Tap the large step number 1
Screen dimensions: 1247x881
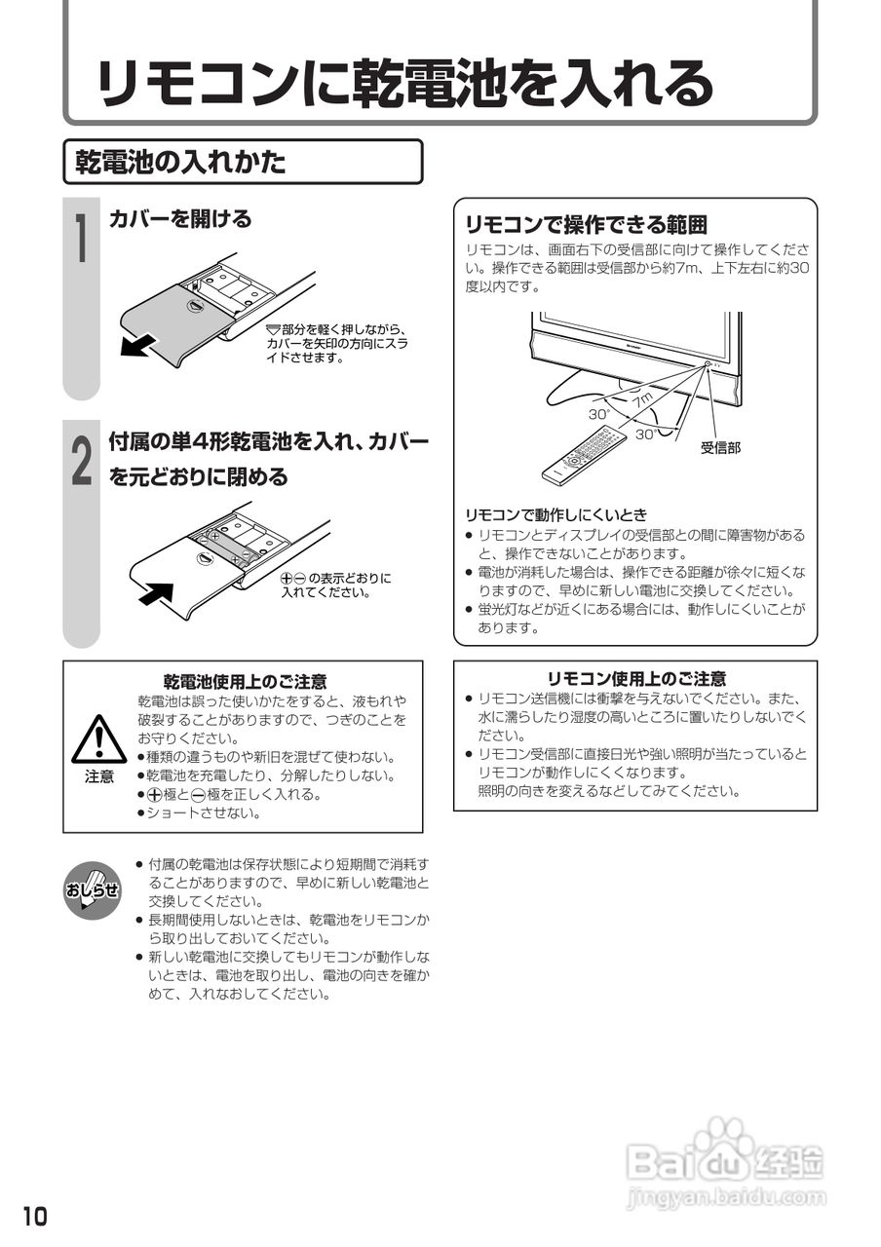coord(85,239)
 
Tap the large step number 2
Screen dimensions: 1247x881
coord(85,461)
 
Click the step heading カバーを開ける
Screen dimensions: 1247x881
coord(180,218)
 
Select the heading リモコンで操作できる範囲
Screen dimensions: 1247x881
coord(585,225)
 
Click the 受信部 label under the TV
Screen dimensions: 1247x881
coord(720,447)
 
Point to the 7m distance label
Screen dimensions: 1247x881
coord(640,400)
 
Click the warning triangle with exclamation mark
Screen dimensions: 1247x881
coord(98,739)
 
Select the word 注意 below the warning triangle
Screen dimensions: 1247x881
coord(98,776)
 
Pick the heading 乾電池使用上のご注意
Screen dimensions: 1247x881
coord(245,681)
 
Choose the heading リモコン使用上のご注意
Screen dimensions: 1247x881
coord(635,679)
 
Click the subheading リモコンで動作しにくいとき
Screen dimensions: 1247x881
coord(555,513)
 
